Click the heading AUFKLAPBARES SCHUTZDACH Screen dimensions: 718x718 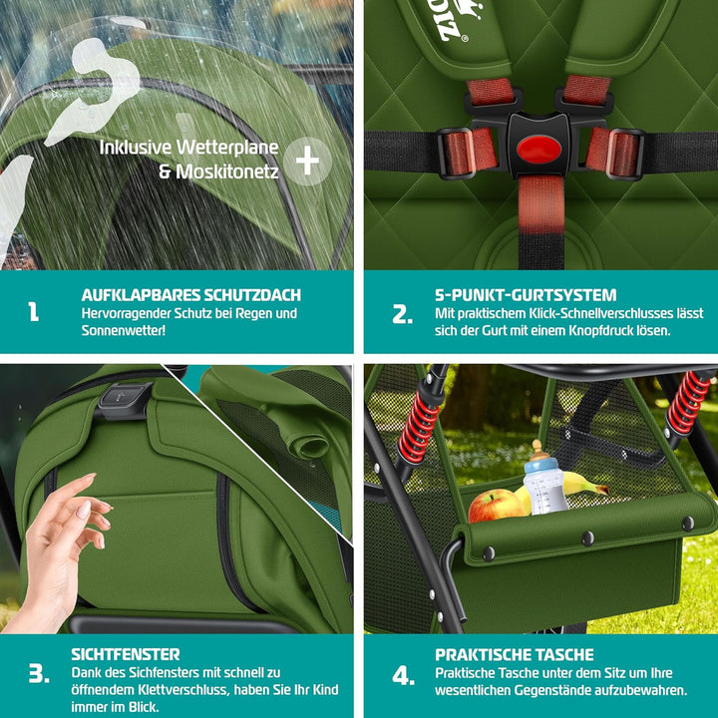[190, 295]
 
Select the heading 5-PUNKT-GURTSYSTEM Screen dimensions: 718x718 [526, 295]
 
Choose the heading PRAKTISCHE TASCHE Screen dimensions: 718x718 [514, 654]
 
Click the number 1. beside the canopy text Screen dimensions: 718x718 [34, 313]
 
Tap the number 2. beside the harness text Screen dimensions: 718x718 [402, 315]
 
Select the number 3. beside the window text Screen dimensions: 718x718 [38, 674]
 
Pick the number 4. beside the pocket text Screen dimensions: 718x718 [403, 675]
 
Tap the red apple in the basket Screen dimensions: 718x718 [495, 506]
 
